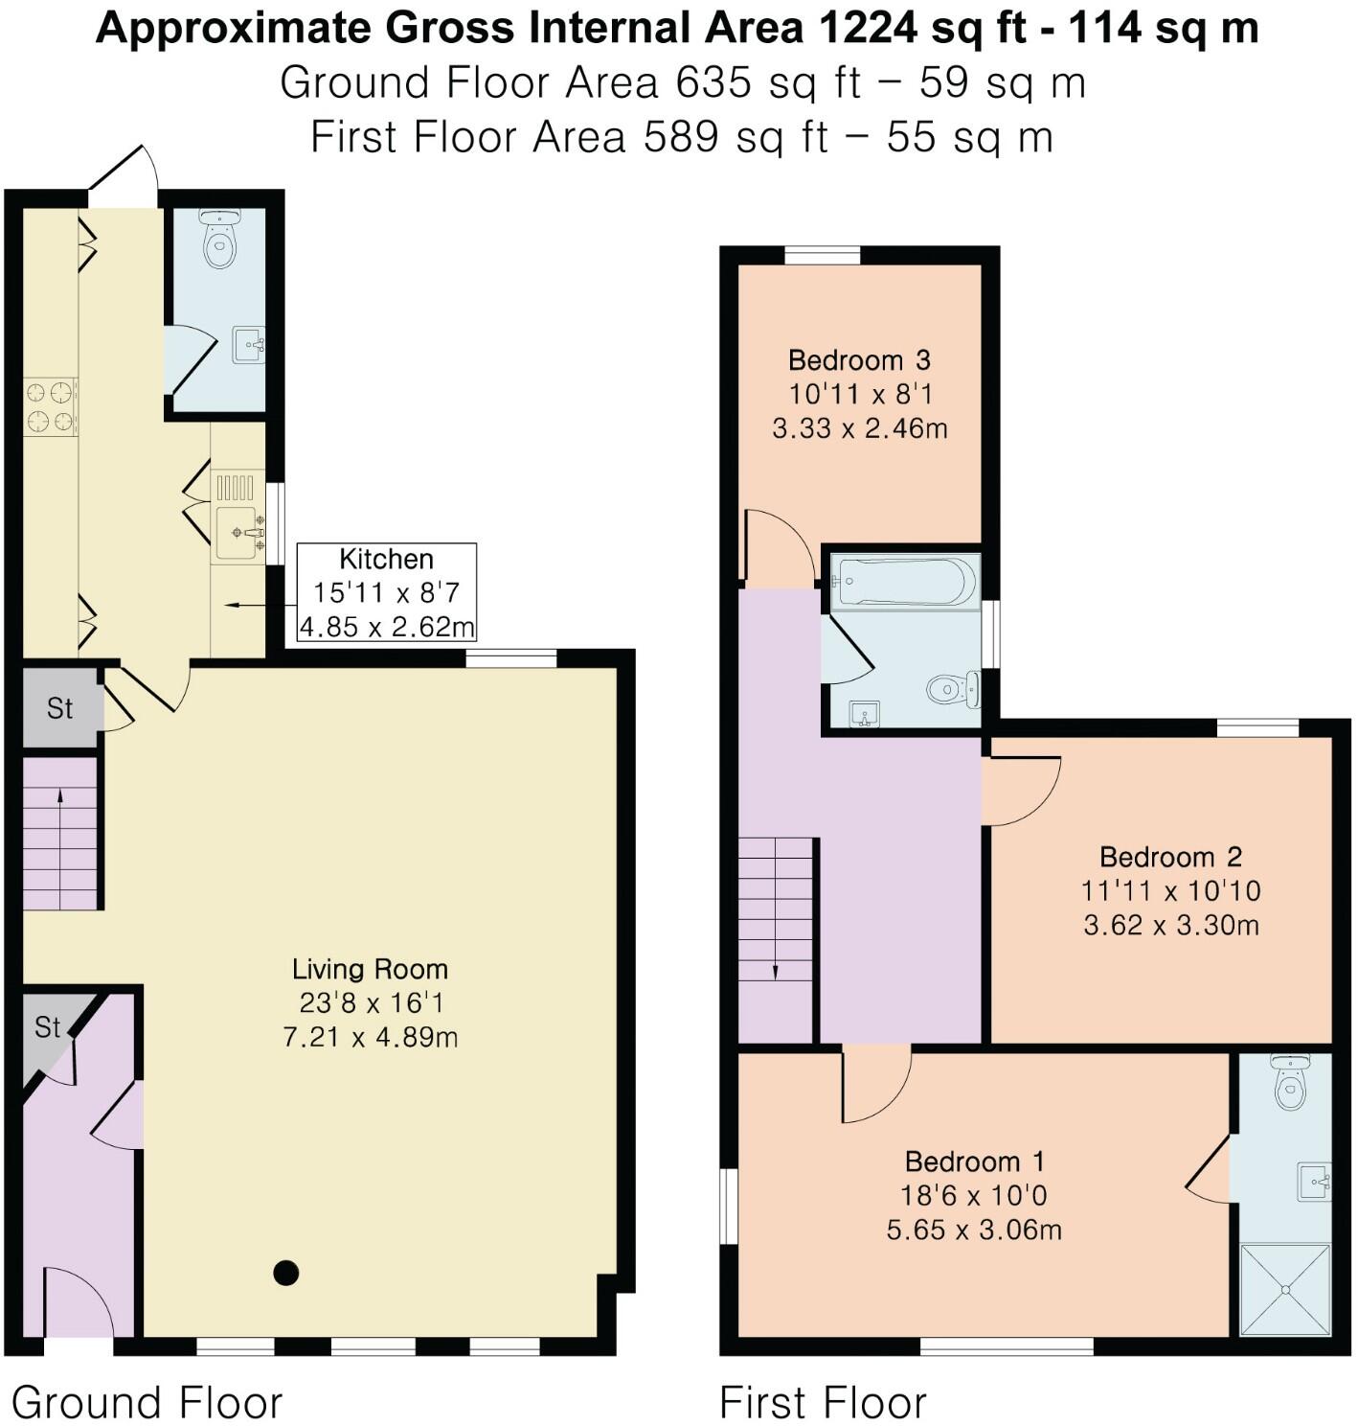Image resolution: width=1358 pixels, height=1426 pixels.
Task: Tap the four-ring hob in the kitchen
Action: (51, 406)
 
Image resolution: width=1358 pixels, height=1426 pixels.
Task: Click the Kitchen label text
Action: (386, 559)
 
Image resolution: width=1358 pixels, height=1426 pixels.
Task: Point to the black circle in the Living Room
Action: (285, 1273)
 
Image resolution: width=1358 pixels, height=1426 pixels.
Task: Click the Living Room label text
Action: (370, 969)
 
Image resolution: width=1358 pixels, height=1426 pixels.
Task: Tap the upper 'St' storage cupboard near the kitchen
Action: (59, 708)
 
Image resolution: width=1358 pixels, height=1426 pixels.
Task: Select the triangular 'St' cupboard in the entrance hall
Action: (48, 1029)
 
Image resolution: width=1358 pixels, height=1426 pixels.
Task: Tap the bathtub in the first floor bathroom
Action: (904, 582)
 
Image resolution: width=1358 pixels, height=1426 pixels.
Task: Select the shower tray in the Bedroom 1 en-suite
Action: (1285, 1289)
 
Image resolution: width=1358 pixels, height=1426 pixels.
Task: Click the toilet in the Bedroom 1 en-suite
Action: (1288, 1083)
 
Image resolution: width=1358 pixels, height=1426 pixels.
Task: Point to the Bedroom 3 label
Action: (859, 360)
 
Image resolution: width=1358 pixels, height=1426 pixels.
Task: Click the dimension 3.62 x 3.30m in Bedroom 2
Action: (1170, 926)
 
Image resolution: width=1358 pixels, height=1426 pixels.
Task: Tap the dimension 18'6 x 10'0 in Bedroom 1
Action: (973, 1196)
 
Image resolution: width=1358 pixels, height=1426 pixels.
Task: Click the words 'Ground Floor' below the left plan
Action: (147, 1403)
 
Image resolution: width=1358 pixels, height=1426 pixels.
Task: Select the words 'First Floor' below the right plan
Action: (823, 1403)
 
